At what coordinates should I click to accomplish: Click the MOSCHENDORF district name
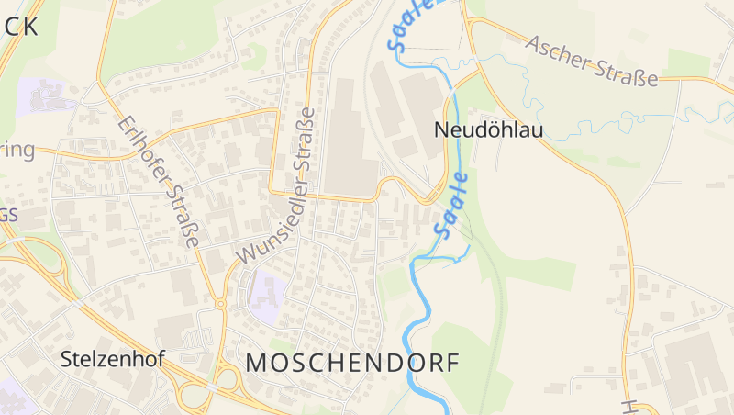pyautogui.click(x=352, y=363)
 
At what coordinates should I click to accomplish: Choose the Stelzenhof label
pyautogui.click(x=112, y=359)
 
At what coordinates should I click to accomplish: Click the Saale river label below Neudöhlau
pyautogui.click(x=453, y=206)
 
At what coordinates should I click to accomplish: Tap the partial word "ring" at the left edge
pyautogui.click(x=18, y=151)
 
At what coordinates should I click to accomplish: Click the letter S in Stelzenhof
pyautogui.click(x=67, y=359)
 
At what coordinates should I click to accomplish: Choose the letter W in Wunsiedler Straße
pyautogui.click(x=244, y=254)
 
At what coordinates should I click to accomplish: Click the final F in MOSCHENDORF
pyautogui.click(x=450, y=363)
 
